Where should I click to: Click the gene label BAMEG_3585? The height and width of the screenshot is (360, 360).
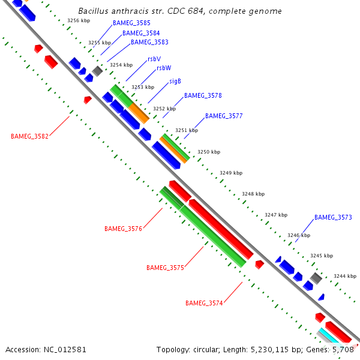tap(131, 23)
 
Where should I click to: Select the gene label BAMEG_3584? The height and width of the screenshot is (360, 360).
tap(140, 33)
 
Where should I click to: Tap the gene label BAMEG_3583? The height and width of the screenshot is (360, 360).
tap(149, 43)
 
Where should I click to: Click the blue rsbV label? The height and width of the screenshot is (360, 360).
tap(154, 59)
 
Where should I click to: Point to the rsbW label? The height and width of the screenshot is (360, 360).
tap(164, 68)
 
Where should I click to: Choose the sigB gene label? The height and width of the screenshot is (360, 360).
tap(175, 81)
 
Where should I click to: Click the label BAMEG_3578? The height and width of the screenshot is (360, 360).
tap(203, 96)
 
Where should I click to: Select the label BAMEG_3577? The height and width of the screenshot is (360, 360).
tap(224, 116)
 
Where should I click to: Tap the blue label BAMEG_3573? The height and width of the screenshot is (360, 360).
tap(333, 217)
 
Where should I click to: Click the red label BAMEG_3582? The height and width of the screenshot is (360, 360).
tap(29, 136)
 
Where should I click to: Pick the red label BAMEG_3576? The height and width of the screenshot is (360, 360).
tap(123, 229)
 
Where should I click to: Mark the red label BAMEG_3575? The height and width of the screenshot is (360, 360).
tap(165, 268)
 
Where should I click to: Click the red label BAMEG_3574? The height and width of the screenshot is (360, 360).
tap(204, 303)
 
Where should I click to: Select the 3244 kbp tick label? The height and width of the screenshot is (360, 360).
tap(345, 276)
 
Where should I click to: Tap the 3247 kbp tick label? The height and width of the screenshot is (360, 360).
tap(276, 215)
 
